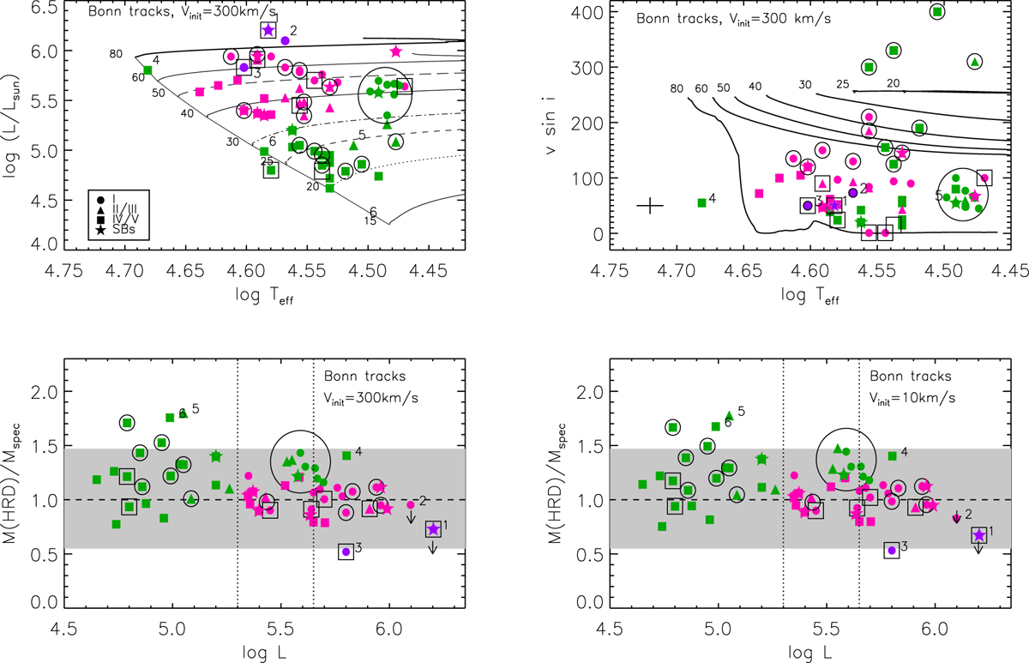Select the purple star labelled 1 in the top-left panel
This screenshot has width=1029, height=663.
pos(268,30)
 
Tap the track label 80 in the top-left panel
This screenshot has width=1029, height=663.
pos(115,54)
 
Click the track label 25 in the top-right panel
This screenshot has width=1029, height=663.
pos(843,84)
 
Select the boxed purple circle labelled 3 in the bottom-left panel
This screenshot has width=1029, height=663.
pos(346,552)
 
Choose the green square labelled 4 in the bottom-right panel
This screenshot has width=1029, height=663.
pos(892,455)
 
